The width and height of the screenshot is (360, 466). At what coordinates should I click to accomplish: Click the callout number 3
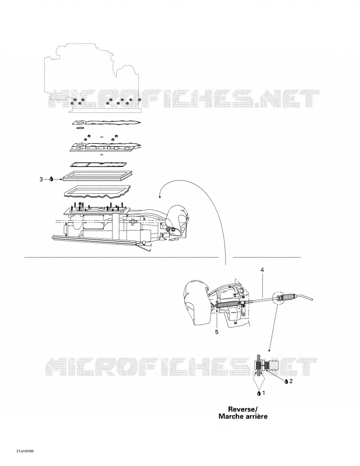(x=41, y=179)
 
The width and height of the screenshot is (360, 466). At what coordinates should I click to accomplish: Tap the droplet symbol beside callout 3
(x=51, y=179)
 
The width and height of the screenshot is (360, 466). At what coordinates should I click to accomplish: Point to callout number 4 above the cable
(x=262, y=270)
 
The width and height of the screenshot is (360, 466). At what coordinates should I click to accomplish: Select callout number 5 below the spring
(x=217, y=332)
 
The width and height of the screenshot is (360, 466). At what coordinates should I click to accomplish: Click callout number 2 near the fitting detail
(x=291, y=381)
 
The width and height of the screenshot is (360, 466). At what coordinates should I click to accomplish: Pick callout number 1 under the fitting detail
(x=263, y=393)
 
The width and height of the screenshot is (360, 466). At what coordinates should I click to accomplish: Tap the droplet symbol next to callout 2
(x=286, y=381)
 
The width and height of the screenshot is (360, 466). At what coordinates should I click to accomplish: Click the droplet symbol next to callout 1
(x=258, y=393)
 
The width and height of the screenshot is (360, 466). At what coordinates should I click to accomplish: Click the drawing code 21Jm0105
(x=26, y=451)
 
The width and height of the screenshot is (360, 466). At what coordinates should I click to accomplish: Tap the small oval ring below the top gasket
(x=79, y=128)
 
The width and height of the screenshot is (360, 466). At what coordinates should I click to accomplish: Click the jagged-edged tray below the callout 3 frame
(x=98, y=192)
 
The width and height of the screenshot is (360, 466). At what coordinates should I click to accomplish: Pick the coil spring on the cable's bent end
(x=288, y=297)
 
